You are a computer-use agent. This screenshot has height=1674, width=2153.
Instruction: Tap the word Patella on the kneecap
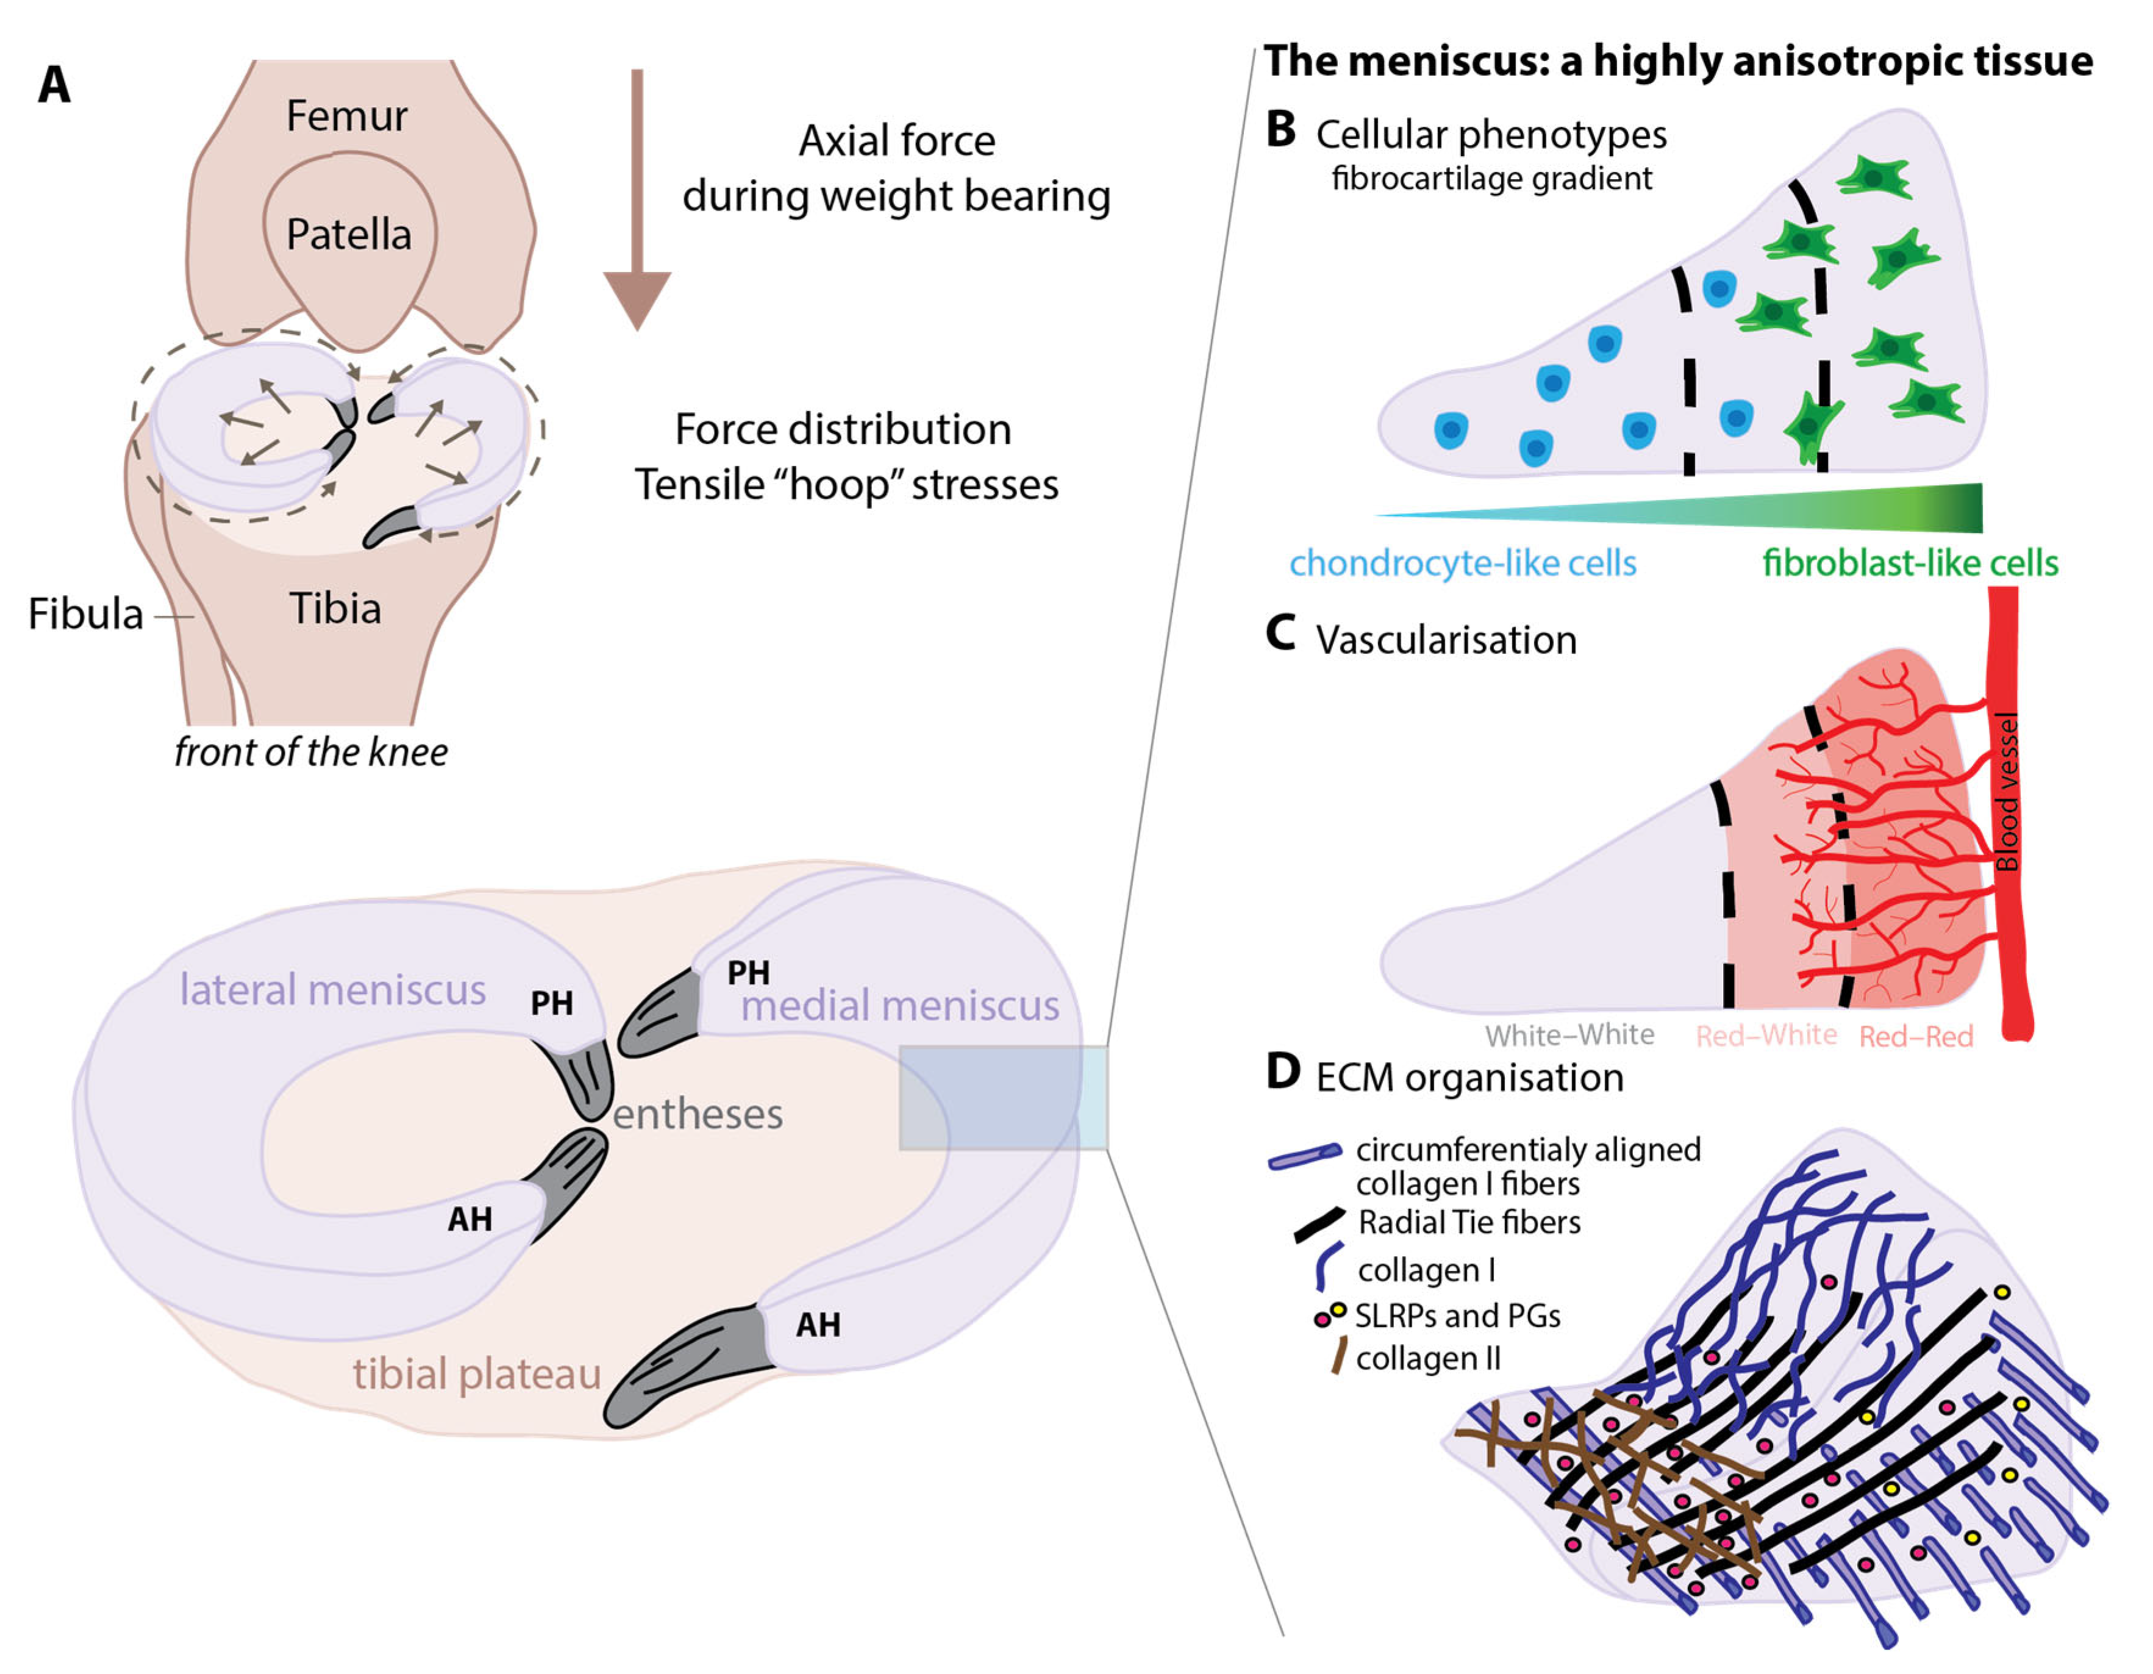[348, 235]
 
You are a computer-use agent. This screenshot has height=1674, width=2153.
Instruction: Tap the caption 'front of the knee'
[310, 752]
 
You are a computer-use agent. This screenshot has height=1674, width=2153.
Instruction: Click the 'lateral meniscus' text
[332, 989]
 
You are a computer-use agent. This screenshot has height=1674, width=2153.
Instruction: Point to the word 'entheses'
[697, 1114]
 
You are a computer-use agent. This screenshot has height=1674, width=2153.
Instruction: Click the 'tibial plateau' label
[477, 1373]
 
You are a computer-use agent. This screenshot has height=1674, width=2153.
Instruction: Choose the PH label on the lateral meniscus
[551, 1004]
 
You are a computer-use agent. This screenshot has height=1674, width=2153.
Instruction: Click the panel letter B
[1280, 130]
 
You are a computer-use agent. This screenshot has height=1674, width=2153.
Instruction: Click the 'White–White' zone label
[1569, 1035]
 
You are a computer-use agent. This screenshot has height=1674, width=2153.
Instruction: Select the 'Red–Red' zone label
[1915, 1036]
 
